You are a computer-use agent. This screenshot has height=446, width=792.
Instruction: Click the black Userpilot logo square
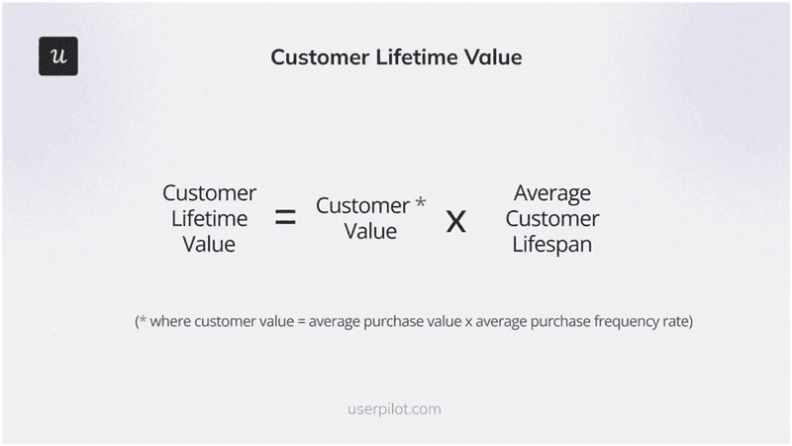pyautogui.click(x=58, y=56)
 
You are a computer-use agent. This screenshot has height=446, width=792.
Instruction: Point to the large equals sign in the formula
pyautogui.click(x=285, y=218)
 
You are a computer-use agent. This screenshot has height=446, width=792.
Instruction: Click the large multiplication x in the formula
pyautogui.click(x=455, y=220)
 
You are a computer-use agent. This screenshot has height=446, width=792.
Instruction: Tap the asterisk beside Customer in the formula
pyautogui.click(x=420, y=203)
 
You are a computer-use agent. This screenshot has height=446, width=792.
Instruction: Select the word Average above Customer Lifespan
pyautogui.click(x=552, y=192)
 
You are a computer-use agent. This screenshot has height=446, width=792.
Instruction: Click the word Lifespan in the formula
pyautogui.click(x=552, y=244)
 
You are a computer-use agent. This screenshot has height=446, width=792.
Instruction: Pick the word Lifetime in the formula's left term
pyautogui.click(x=209, y=218)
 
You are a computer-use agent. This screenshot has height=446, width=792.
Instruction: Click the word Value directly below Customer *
pyautogui.click(x=370, y=232)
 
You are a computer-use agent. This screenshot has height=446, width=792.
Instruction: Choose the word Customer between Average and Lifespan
pyautogui.click(x=552, y=218)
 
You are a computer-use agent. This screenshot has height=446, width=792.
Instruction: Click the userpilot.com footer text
pyautogui.click(x=395, y=408)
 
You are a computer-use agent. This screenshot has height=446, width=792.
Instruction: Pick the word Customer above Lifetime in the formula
pyautogui.click(x=209, y=192)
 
